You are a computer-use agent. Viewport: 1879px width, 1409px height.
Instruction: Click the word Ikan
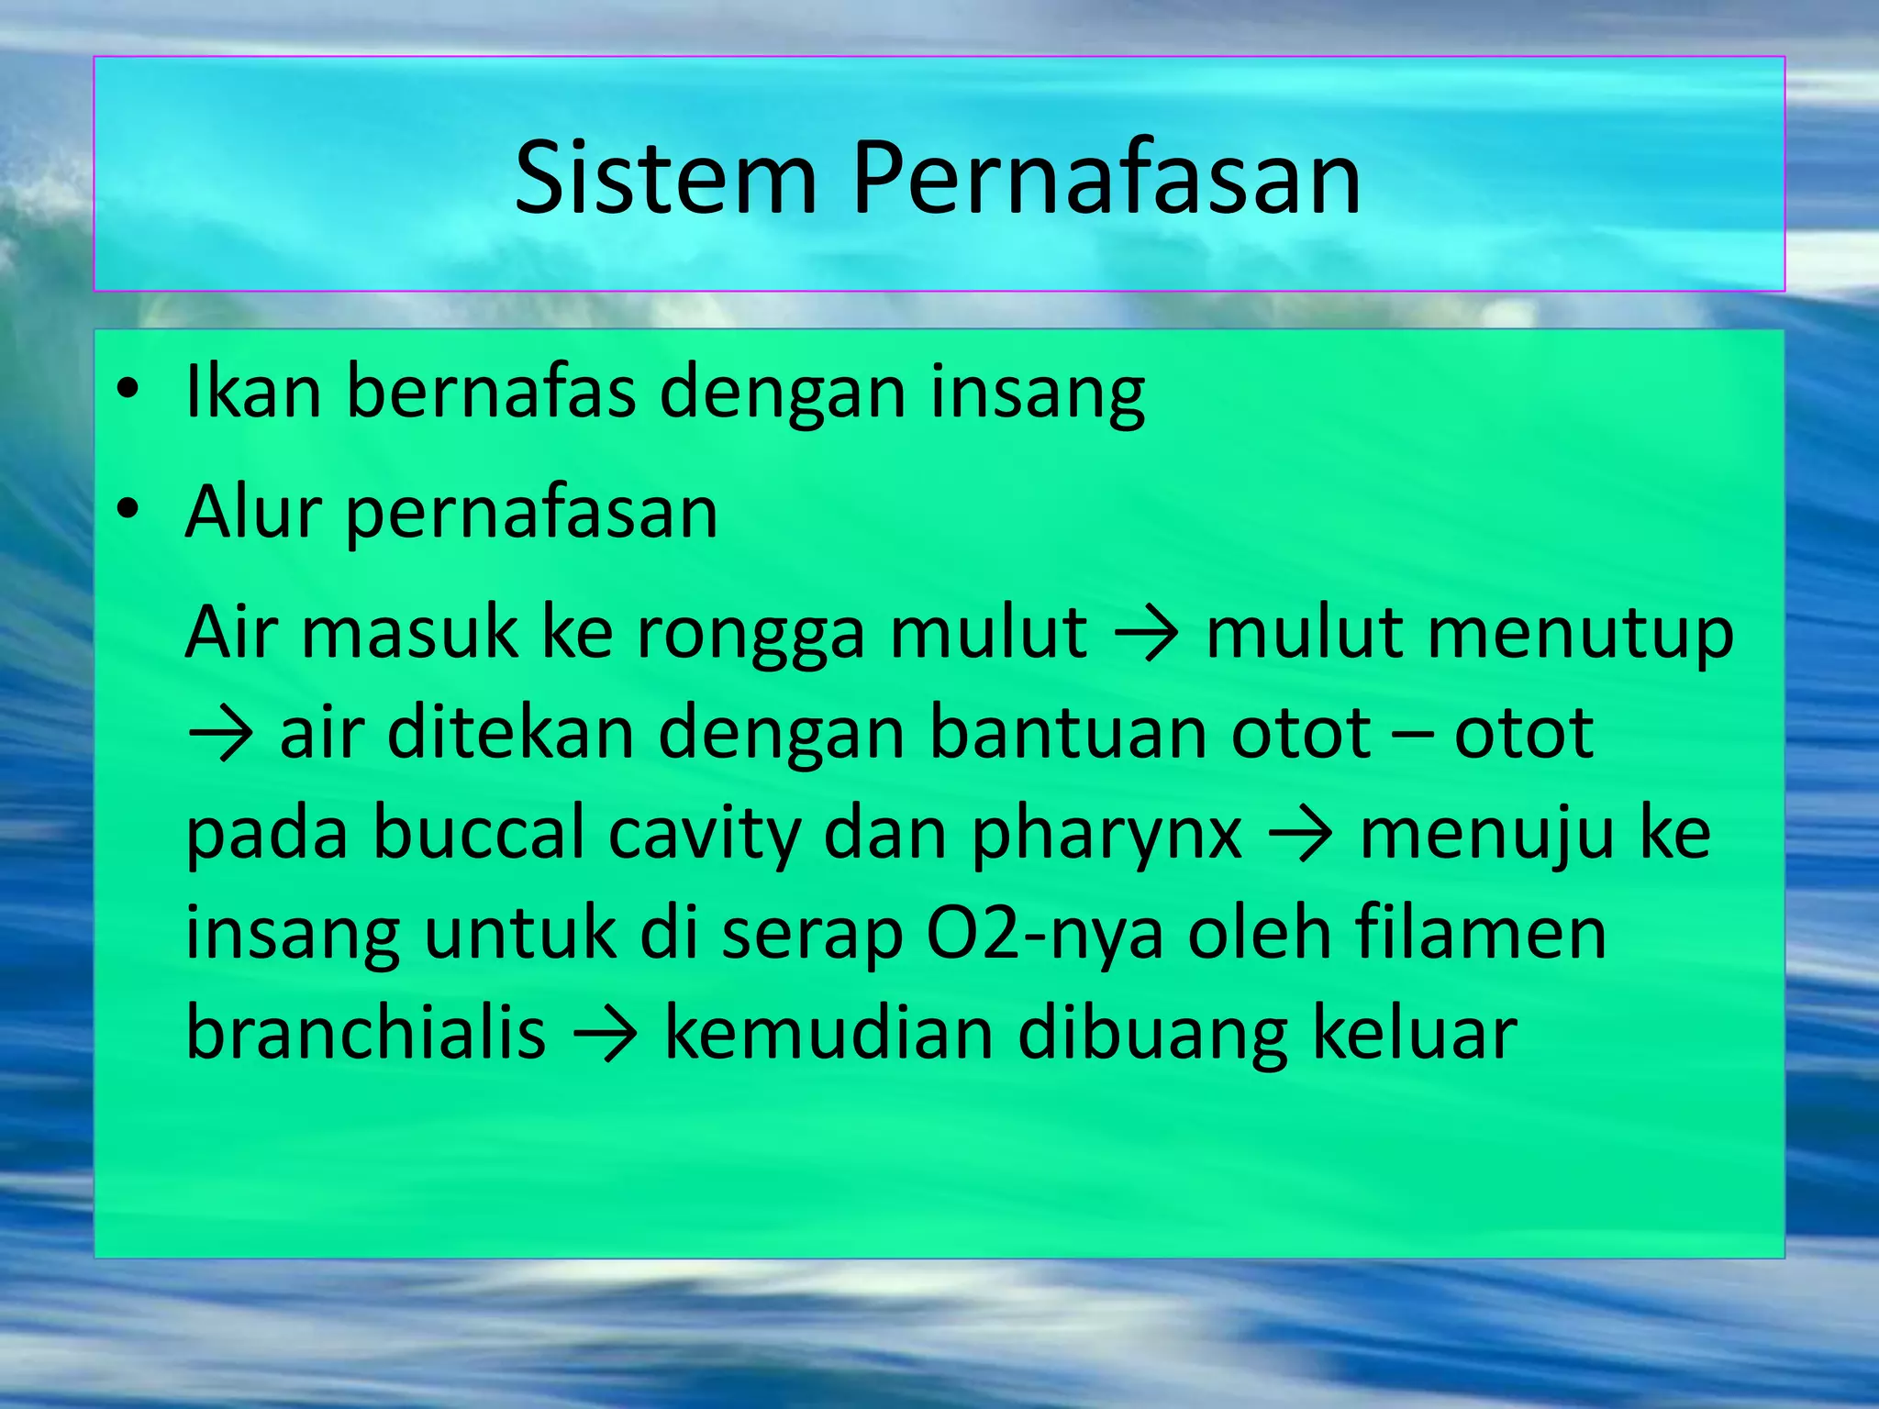click(x=253, y=392)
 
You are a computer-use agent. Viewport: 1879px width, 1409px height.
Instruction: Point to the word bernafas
click(x=491, y=392)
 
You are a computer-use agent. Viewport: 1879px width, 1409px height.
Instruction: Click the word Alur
click(x=253, y=511)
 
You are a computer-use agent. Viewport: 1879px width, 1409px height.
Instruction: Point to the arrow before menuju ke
click(x=1301, y=836)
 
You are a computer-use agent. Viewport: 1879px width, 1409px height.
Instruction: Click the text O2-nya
click(x=1045, y=936)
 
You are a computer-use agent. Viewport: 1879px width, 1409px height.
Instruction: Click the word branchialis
click(x=366, y=1035)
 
